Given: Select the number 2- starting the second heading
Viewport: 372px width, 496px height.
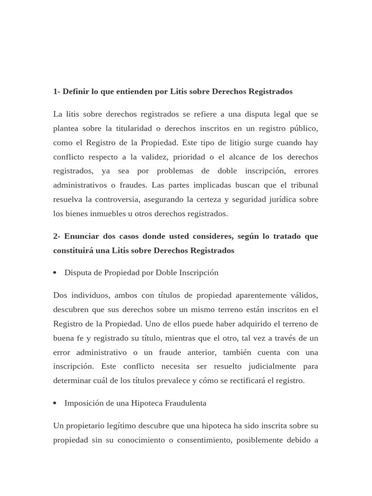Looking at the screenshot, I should pos(58,236).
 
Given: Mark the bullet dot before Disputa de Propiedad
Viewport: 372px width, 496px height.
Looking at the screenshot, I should pos(56,273).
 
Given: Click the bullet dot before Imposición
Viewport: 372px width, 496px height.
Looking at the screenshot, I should pos(56,403).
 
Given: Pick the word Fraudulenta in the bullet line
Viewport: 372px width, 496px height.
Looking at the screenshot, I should pos(186,403).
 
